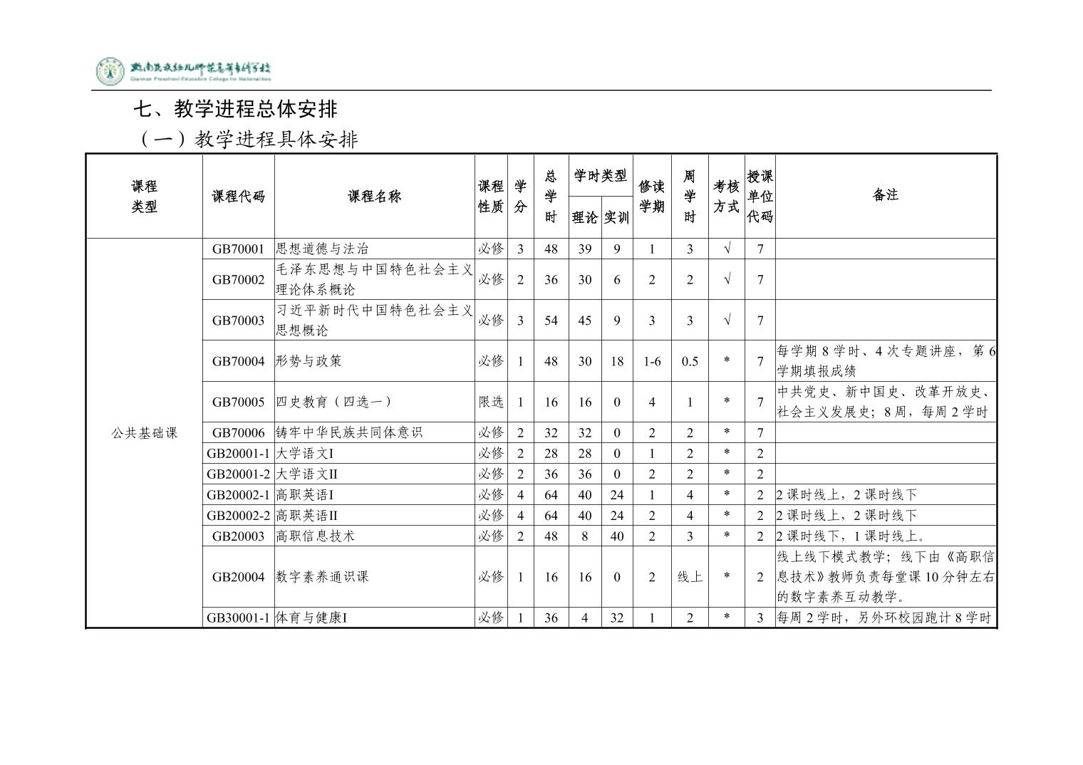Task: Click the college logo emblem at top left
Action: point(110,71)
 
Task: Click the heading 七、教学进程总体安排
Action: point(236,109)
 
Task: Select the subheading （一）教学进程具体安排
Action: point(246,139)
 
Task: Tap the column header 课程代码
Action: point(238,197)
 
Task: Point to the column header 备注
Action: point(885,194)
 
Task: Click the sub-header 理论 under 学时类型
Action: point(584,217)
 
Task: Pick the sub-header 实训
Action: point(616,217)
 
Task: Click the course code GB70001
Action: point(238,249)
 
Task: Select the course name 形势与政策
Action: point(309,361)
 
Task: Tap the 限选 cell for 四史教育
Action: point(491,402)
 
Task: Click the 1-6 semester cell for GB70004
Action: point(651,361)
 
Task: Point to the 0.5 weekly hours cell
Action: point(689,361)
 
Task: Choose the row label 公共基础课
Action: point(144,432)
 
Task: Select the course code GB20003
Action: point(238,536)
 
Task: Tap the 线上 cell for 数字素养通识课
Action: point(689,577)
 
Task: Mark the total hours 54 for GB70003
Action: point(551,321)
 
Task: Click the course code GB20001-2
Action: point(238,474)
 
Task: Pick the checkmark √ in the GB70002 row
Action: point(726,279)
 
